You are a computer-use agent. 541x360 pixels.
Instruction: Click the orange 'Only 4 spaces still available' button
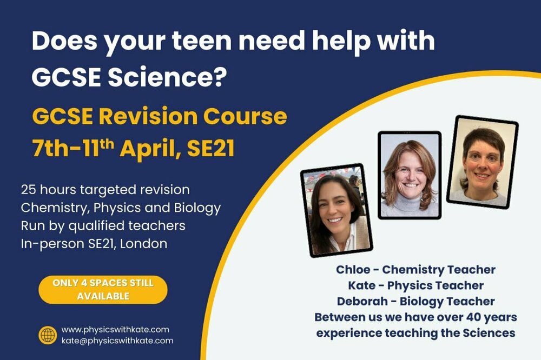tap(103, 290)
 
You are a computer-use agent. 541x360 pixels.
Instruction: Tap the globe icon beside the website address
tap(48, 335)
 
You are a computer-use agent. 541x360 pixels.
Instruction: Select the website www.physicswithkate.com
tap(115, 329)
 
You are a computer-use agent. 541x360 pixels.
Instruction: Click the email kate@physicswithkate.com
tap(117, 341)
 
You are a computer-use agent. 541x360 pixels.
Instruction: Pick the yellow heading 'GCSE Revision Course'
tap(159, 116)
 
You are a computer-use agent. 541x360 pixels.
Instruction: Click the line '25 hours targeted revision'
tap(105, 190)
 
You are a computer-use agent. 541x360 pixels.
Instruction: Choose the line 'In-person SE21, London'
tap(94, 243)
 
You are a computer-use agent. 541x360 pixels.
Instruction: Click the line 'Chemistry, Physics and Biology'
tap(120, 208)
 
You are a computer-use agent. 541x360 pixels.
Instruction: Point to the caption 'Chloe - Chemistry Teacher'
tap(415, 269)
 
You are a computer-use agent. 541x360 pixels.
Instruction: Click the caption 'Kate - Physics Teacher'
tap(416, 285)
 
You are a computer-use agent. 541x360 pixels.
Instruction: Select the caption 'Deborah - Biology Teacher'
tap(415, 301)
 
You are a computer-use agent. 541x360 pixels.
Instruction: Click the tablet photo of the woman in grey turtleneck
tap(410, 175)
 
